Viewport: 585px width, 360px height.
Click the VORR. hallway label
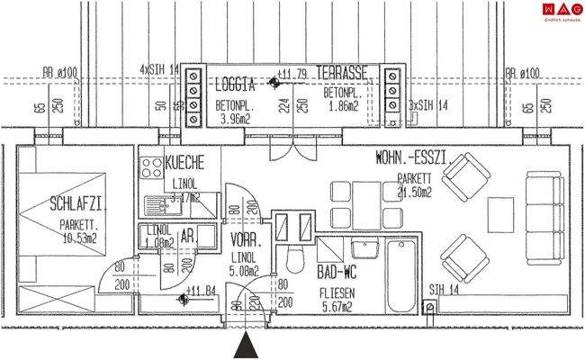click(x=245, y=242)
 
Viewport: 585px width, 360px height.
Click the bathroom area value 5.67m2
click(x=341, y=304)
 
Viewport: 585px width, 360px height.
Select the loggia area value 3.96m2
click(x=234, y=116)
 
